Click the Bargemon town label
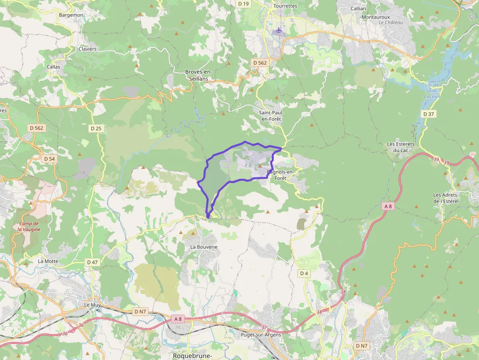click(71, 15)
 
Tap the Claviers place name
click(87, 49)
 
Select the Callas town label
click(53, 66)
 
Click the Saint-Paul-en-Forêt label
click(271, 116)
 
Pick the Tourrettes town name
click(286, 6)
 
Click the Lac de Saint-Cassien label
click(433, 90)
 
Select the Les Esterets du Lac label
click(401, 147)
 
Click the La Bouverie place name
click(203, 247)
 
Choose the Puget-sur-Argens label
click(260, 335)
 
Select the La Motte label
click(48, 261)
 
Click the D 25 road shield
click(96, 128)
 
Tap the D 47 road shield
click(92, 262)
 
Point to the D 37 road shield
click(428, 114)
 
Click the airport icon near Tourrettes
click(279, 31)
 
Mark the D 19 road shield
click(243, 3)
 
